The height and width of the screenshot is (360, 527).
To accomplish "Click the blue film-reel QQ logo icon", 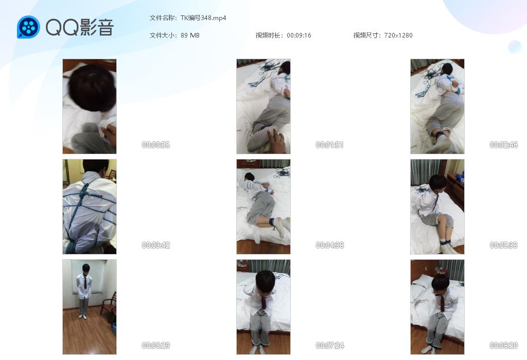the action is click(29, 27).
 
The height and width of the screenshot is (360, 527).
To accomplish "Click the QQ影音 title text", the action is click(80, 27).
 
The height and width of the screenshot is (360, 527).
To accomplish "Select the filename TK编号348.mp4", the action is click(203, 18).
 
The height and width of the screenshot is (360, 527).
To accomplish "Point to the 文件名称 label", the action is click(162, 18).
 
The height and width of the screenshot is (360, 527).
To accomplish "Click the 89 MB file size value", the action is click(190, 35).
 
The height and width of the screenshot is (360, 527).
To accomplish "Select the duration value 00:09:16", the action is click(299, 35).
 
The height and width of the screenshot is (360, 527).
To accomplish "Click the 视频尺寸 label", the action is click(366, 35).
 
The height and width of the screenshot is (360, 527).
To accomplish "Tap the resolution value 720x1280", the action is click(398, 35).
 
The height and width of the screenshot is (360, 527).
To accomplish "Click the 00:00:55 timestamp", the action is click(155, 145).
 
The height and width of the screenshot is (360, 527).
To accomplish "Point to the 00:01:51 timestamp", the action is click(329, 145).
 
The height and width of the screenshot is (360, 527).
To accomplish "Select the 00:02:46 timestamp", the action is click(503, 145).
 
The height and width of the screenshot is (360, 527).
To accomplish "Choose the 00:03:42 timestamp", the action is click(155, 245).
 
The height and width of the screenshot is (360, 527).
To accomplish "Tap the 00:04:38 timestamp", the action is click(329, 245).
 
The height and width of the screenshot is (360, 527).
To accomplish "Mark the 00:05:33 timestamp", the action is click(503, 245).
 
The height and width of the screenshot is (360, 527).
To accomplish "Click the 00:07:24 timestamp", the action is click(329, 345).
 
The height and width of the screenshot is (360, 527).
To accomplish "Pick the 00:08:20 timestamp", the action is click(503, 345).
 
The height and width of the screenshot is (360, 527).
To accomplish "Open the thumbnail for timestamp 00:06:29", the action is click(90, 307).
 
